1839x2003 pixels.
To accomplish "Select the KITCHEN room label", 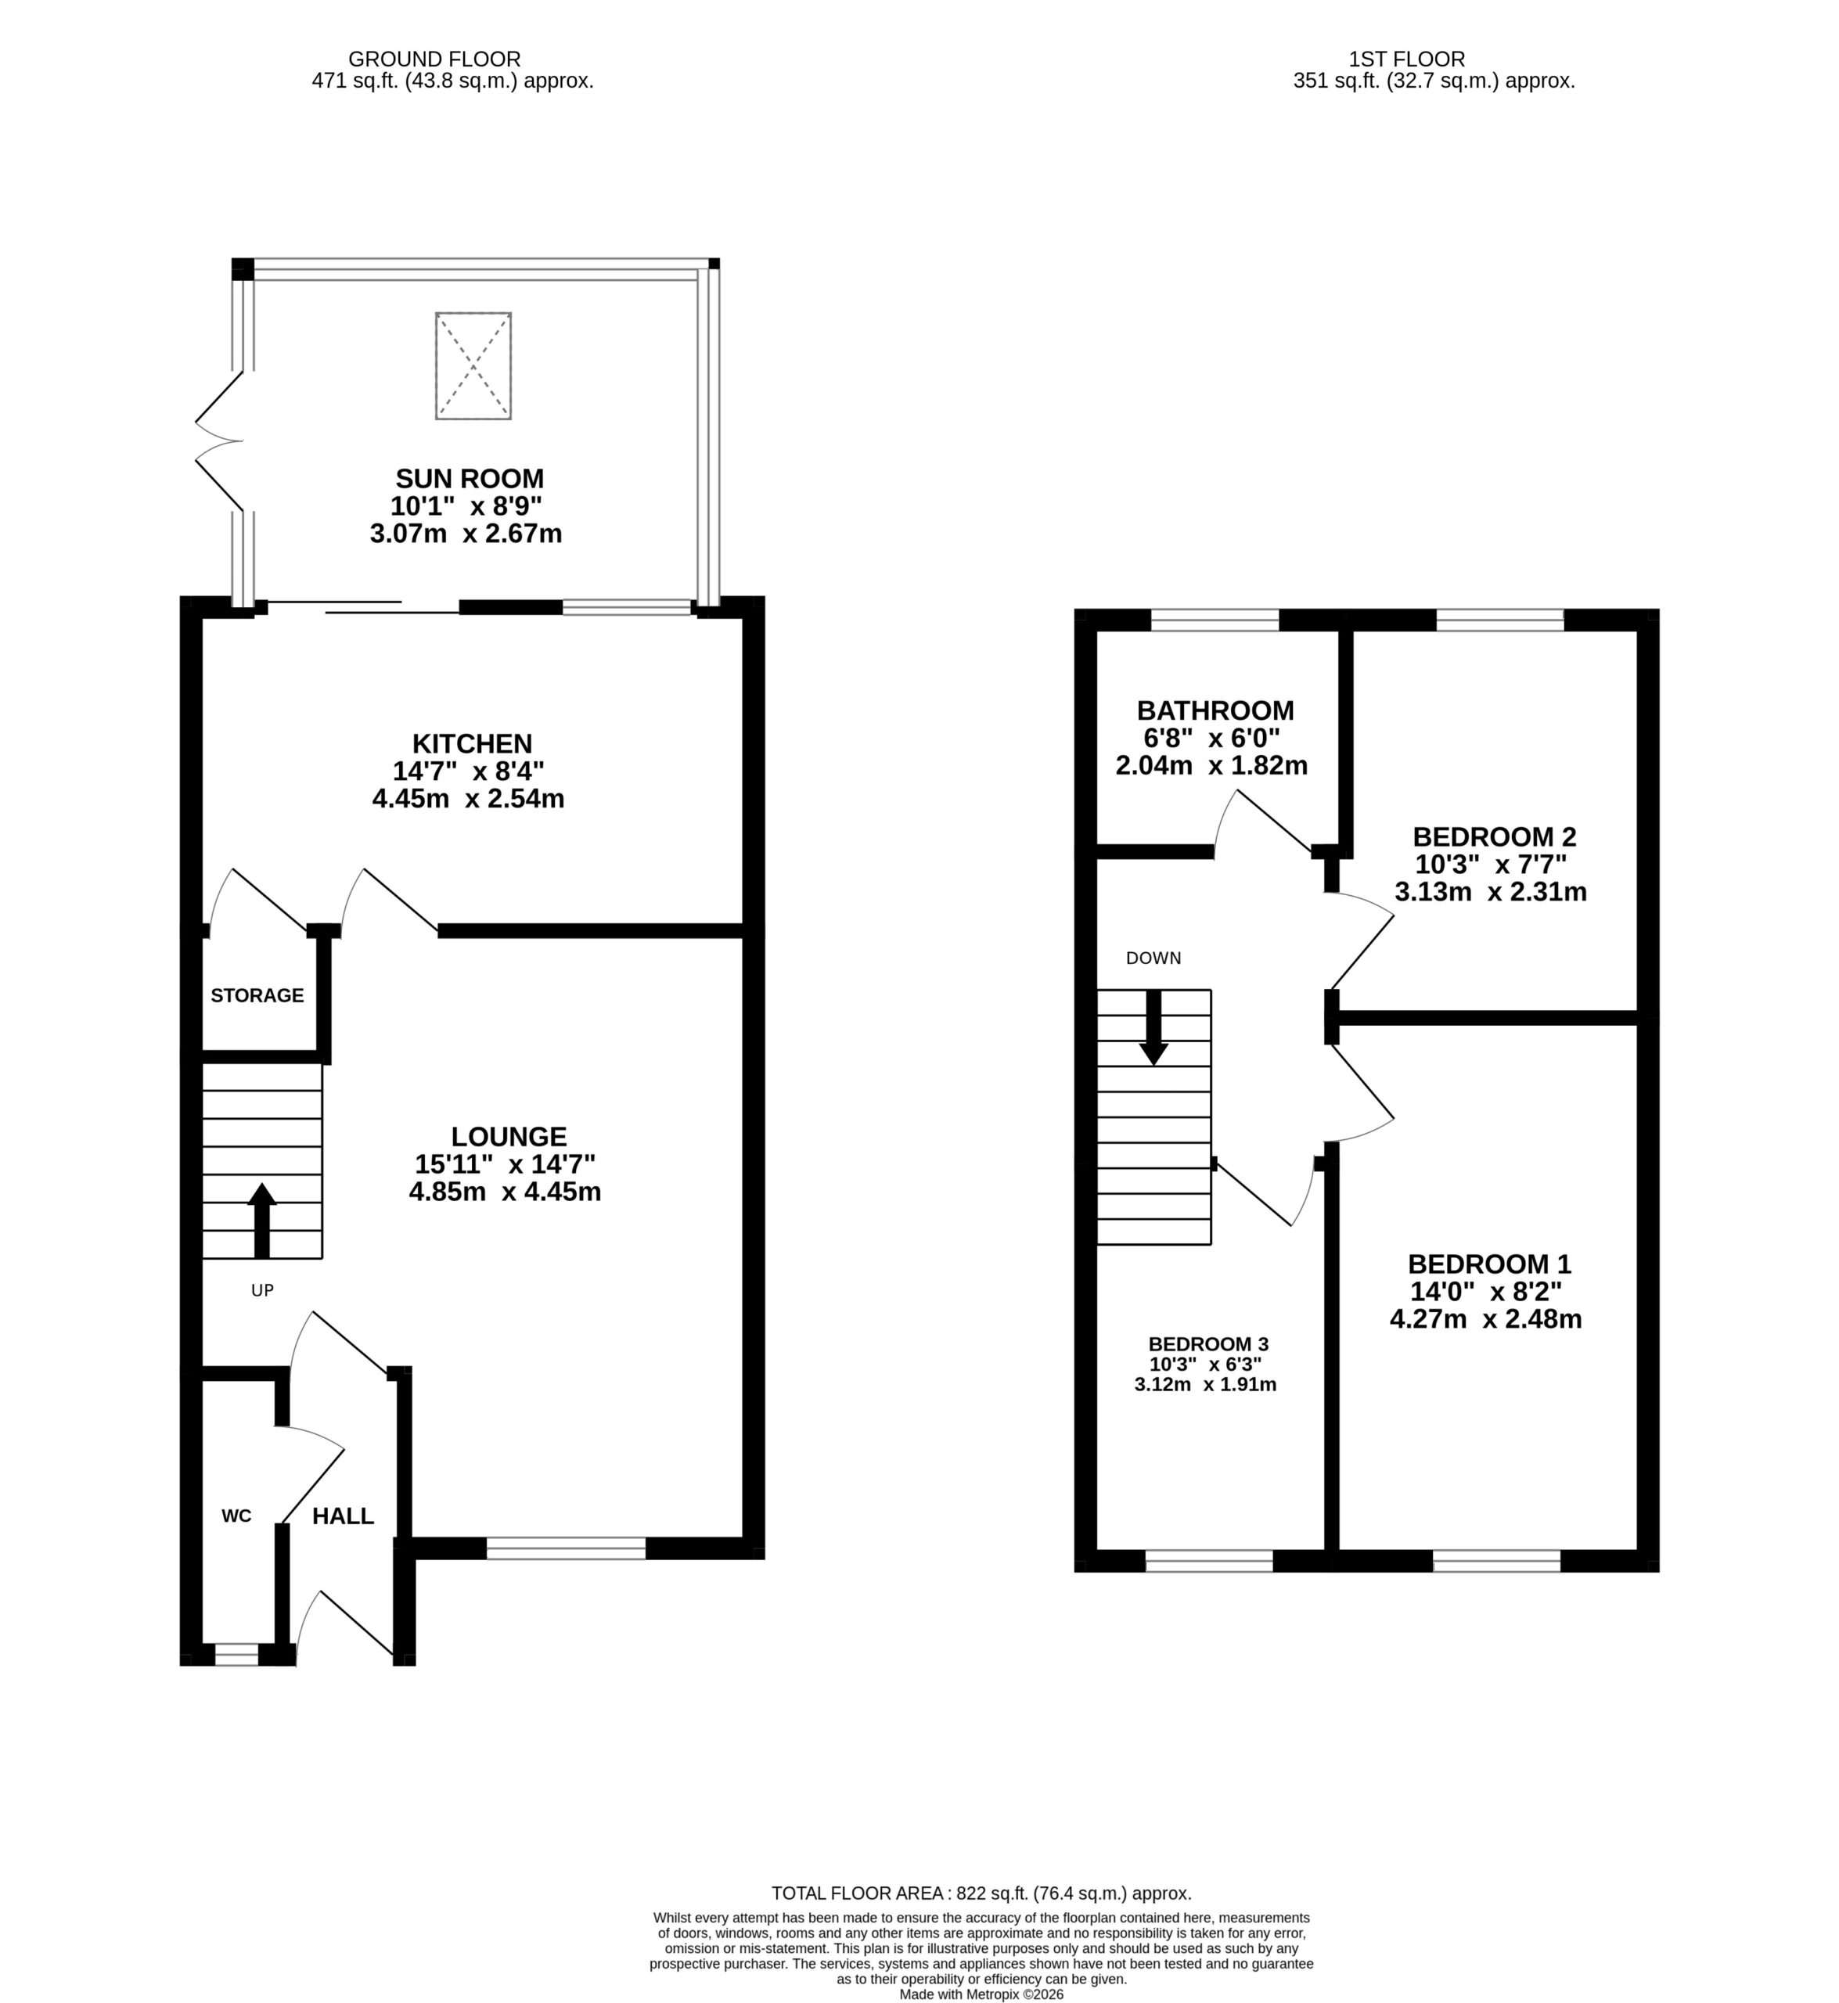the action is pyautogui.click(x=473, y=743).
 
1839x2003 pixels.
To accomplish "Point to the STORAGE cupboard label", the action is pyautogui.click(x=257, y=995).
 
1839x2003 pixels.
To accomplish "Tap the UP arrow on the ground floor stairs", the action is pyautogui.click(x=261, y=1220).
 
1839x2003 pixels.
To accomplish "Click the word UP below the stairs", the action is pyautogui.click(x=261, y=1290).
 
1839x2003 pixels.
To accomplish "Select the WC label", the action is pyautogui.click(x=236, y=1516).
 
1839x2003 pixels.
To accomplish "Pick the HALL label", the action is pyautogui.click(x=344, y=1516).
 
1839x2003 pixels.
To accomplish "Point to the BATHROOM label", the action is pyautogui.click(x=1215, y=710).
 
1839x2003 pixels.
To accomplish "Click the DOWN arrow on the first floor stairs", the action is pyautogui.click(x=1153, y=1027).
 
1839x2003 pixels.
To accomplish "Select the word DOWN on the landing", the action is pyautogui.click(x=1153, y=958).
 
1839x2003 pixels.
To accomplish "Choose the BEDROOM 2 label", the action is pyautogui.click(x=1494, y=837).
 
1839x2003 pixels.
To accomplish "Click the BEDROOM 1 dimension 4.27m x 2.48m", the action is pyautogui.click(x=1486, y=1319).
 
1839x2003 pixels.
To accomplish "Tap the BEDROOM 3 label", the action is pyautogui.click(x=1208, y=1343).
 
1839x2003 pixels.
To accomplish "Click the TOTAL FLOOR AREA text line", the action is pyautogui.click(x=981, y=1893).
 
